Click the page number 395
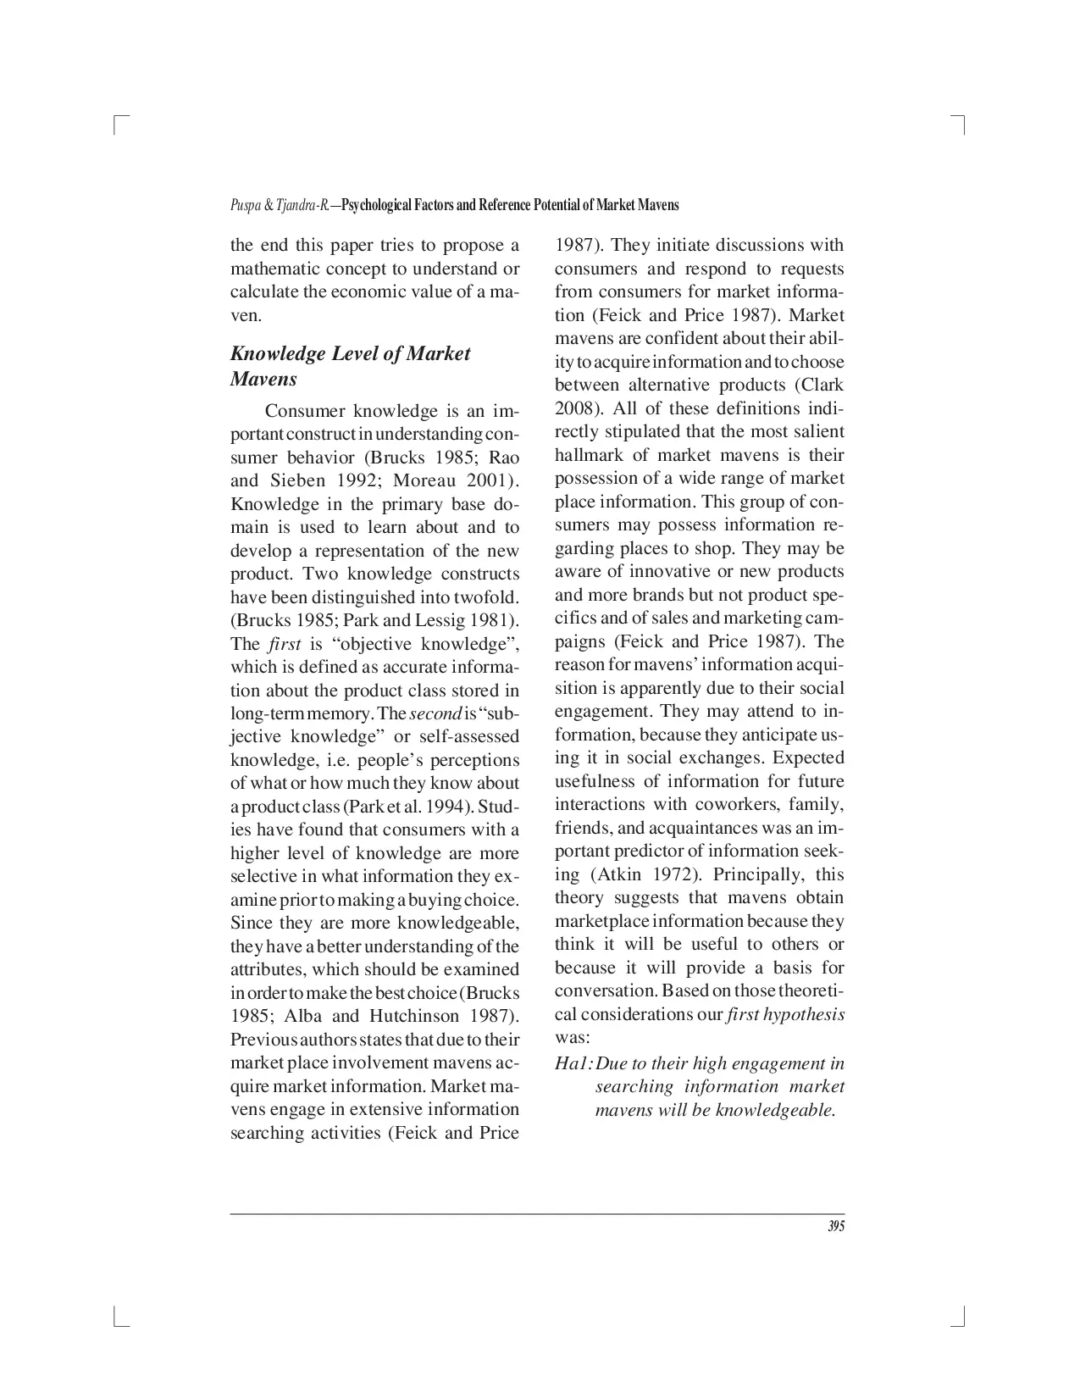click(x=835, y=1226)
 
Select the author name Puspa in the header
click(x=243, y=206)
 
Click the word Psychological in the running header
click(x=378, y=206)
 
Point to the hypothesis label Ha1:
click(x=573, y=1063)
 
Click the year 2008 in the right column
click(x=573, y=408)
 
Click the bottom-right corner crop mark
click(x=961, y=1318)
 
